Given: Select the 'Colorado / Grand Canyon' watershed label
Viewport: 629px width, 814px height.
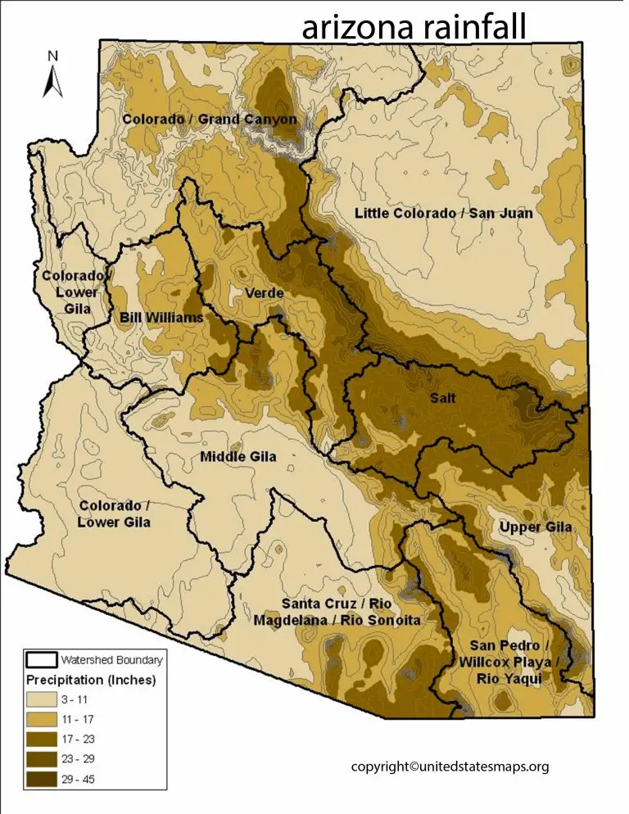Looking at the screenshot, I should tap(210, 120).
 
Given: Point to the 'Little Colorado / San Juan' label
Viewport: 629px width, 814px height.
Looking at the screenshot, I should tap(443, 214).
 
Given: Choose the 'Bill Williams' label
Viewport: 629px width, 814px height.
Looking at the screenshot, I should tap(161, 317).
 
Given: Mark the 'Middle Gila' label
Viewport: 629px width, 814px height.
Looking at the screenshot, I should tap(238, 456).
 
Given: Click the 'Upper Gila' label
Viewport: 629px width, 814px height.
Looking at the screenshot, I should tap(536, 527).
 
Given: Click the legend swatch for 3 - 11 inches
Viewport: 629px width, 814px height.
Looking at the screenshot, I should tap(44, 701).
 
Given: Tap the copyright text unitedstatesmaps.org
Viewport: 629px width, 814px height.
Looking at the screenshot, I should tap(450, 767).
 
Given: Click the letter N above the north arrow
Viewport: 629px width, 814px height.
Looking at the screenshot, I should tap(52, 56).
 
